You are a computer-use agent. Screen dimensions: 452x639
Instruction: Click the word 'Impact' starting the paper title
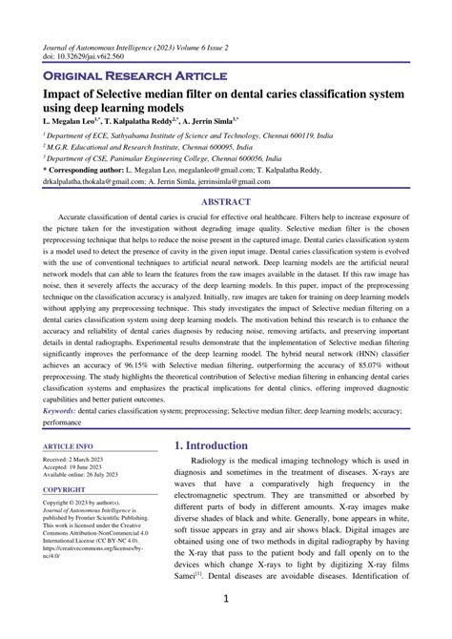[x=62, y=94]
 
